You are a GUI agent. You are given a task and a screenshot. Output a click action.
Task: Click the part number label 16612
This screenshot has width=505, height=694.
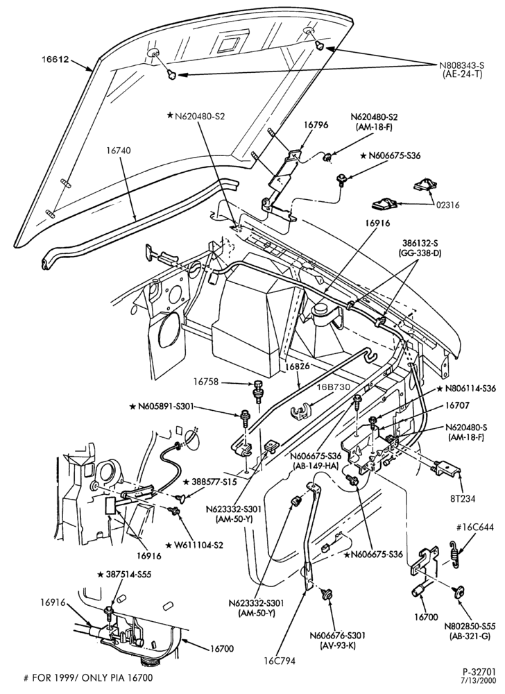pyautogui.click(x=55, y=59)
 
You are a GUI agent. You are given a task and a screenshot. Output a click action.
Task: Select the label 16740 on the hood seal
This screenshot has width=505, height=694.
pyautogui.click(x=118, y=151)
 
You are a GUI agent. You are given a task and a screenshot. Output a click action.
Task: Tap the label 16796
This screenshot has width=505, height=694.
pyautogui.click(x=316, y=125)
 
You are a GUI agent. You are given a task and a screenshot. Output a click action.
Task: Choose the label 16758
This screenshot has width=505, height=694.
pyautogui.click(x=206, y=381)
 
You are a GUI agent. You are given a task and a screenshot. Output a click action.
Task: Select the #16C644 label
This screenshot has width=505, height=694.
pyautogui.click(x=474, y=527)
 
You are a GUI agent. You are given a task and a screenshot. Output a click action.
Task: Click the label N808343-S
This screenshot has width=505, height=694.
pyautogui.click(x=461, y=66)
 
